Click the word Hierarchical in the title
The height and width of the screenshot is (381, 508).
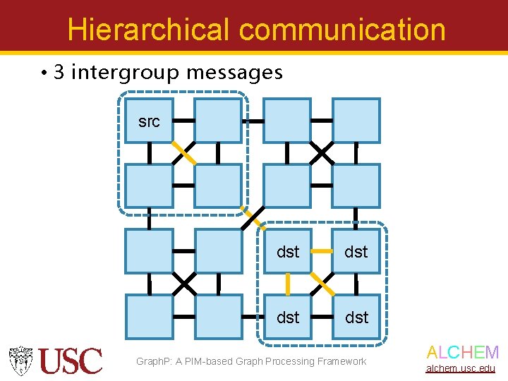tap(148, 30)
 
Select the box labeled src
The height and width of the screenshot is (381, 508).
tap(149, 121)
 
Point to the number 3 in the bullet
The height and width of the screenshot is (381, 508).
tap(59, 72)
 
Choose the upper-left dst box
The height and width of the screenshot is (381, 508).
tap(288, 251)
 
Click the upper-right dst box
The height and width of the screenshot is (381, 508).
tap(356, 251)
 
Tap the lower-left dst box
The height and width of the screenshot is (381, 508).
tap(288, 317)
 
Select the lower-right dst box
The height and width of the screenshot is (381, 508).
tap(356, 317)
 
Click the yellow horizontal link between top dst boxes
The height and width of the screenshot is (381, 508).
tap(322, 251)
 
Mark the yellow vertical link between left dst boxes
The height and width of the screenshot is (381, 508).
tap(288, 284)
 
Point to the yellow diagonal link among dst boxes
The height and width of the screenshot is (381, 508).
tap(322, 284)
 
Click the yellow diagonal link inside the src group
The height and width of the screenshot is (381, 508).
tap(184, 153)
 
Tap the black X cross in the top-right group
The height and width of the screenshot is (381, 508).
tap(322, 152)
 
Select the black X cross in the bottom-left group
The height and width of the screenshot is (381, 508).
tap(184, 284)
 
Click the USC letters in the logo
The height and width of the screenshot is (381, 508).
tap(71, 361)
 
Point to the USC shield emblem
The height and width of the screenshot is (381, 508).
tap(21, 361)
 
